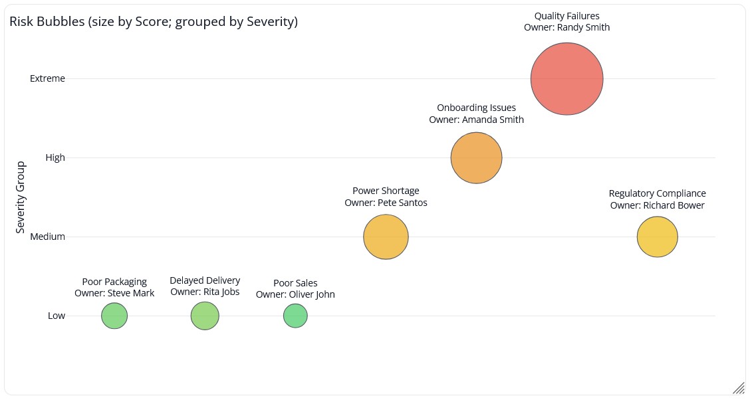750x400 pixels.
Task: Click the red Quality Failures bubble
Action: click(566, 78)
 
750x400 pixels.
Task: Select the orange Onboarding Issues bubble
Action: click(476, 157)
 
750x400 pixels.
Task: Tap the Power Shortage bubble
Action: click(386, 237)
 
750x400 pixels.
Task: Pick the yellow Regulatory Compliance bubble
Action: click(657, 237)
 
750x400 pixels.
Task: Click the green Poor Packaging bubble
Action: click(114, 316)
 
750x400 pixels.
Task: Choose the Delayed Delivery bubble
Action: click(205, 316)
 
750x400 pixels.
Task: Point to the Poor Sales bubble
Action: click(295, 316)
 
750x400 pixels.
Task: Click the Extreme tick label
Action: click(48, 78)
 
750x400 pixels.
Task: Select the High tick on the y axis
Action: click(55, 157)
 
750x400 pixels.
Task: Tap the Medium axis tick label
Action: click(48, 237)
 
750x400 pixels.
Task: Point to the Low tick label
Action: click(57, 316)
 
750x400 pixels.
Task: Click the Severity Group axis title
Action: click(21, 197)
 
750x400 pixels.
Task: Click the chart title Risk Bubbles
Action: click(154, 22)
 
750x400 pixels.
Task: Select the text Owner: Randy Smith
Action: click(566, 28)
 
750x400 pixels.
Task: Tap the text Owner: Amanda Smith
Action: click(476, 120)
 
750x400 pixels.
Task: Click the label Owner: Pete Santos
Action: click(386, 203)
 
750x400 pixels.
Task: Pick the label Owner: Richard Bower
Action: click(657, 205)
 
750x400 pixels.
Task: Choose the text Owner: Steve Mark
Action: click(114, 293)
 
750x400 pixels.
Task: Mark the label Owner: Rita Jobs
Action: click(205, 292)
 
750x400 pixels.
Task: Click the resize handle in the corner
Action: click(738, 388)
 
